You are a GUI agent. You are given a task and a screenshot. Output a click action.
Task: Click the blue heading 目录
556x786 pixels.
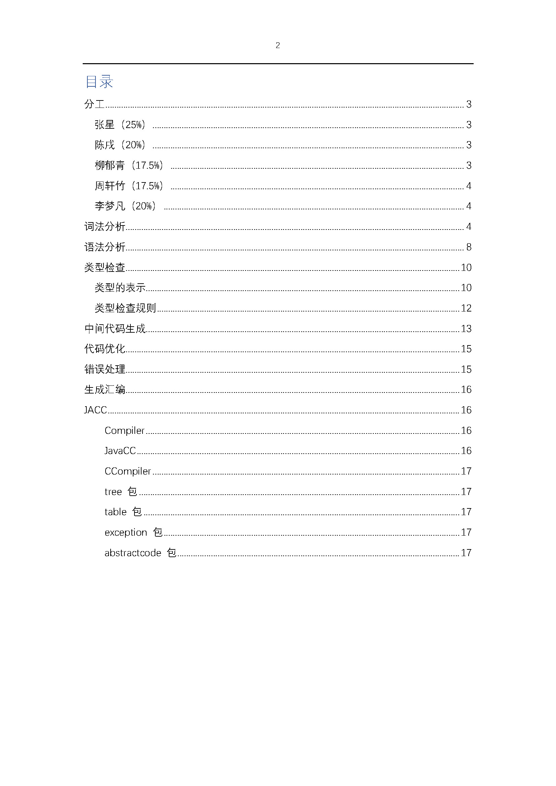(x=99, y=82)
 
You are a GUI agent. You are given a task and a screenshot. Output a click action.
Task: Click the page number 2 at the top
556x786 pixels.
(x=278, y=45)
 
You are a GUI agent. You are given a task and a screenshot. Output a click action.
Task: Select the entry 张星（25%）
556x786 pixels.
(x=120, y=125)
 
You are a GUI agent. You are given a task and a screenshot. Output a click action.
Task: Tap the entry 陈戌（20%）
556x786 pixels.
(x=120, y=145)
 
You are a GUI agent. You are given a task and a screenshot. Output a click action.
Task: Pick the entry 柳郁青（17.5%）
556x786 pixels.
(x=129, y=165)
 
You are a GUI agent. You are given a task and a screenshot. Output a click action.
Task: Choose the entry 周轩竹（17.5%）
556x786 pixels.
(x=129, y=186)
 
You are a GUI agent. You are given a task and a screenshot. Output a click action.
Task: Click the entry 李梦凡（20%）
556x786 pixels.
(x=125, y=206)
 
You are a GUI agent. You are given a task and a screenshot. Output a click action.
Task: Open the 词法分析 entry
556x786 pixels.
(x=105, y=226)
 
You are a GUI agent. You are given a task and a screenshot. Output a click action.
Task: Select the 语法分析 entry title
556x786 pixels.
(x=105, y=247)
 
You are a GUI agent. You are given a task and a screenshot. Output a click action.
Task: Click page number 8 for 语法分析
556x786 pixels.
(x=469, y=247)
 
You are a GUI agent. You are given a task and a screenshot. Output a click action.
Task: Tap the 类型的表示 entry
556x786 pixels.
(x=120, y=288)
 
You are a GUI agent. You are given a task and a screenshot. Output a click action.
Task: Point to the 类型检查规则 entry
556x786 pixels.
(x=125, y=308)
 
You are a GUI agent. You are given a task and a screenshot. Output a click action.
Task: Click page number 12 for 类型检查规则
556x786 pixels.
(x=466, y=308)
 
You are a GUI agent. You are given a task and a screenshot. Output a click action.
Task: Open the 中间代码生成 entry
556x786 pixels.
(x=115, y=329)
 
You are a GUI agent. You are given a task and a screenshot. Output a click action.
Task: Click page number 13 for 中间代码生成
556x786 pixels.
(x=466, y=329)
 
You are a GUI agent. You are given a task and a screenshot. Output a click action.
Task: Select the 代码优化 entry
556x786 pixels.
(x=105, y=349)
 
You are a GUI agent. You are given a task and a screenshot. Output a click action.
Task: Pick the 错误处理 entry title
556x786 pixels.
(x=105, y=369)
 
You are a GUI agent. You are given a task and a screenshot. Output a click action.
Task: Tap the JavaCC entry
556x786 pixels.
(x=120, y=451)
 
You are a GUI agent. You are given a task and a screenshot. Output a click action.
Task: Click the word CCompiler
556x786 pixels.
(x=128, y=471)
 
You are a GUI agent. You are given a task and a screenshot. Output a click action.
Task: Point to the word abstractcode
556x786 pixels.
(x=133, y=553)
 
